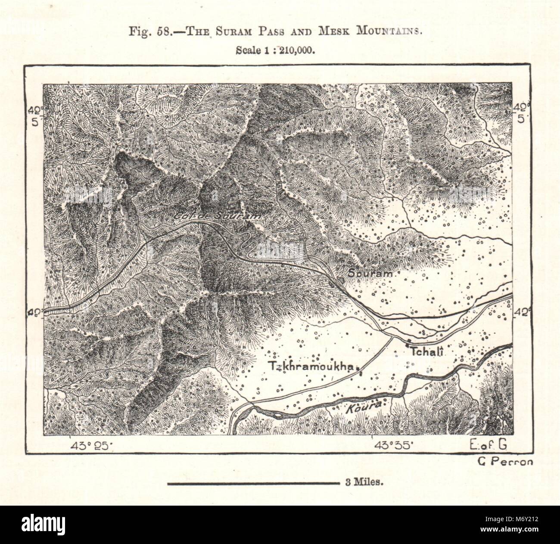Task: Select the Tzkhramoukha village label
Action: pos(312,366)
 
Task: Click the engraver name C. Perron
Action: pos(504,462)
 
